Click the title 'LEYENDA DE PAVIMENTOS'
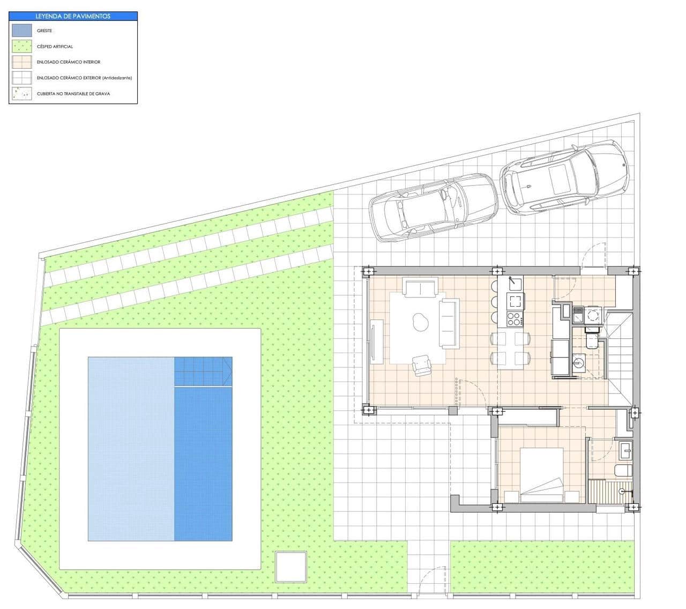(x=73, y=16)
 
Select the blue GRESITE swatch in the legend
(x=22, y=31)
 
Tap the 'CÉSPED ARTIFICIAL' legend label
(x=55, y=47)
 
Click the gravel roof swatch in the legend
(x=22, y=94)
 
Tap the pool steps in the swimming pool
(x=203, y=371)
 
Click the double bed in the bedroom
(x=541, y=475)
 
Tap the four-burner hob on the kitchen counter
(x=514, y=318)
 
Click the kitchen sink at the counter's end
(x=516, y=282)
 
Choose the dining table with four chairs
(x=511, y=348)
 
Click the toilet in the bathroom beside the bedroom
(x=624, y=471)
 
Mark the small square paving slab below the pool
(x=290, y=567)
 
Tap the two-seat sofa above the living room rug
(x=421, y=288)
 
